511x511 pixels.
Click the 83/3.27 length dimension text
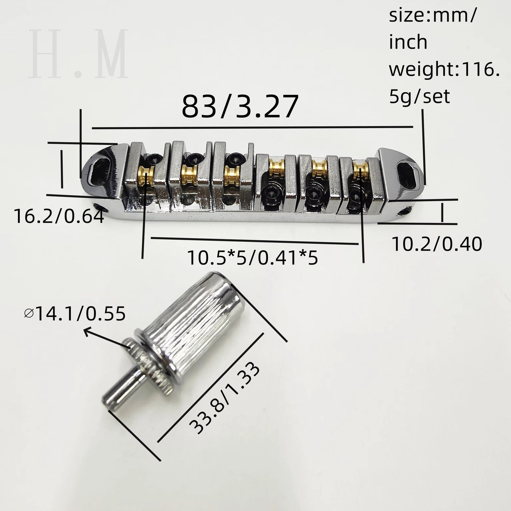240,107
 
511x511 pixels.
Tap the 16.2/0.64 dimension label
59,216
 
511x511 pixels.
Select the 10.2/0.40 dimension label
437,244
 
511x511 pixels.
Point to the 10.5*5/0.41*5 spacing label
252,258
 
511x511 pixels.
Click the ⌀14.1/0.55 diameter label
75,314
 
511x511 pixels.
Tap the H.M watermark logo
79,54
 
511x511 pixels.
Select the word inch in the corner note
408,42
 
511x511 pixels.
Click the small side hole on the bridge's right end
402,212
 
